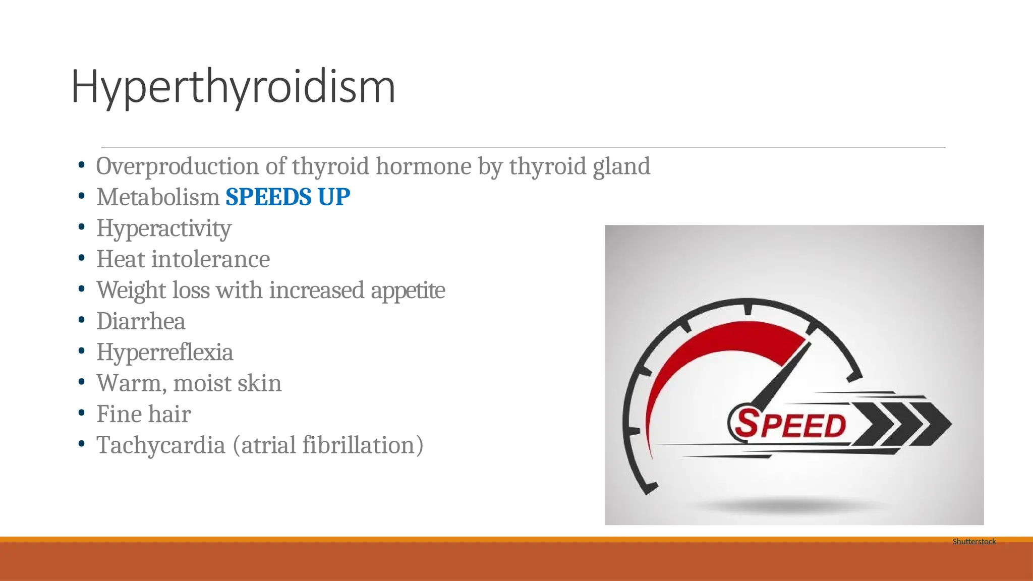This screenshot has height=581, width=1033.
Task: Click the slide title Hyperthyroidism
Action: tap(233, 87)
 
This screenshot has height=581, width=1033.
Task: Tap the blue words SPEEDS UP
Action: tap(288, 197)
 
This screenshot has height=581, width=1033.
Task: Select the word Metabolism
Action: tap(157, 197)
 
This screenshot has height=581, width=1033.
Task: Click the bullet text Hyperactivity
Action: tap(163, 228)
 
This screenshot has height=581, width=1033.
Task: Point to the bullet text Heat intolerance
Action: tap(183, 259)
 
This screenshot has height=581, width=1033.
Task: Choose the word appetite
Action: tap(408, 290)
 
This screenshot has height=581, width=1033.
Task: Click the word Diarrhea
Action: tap(141, 321)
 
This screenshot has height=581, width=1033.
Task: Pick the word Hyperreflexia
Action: tap(164, 352)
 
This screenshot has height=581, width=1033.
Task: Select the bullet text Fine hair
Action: tap(143, 414)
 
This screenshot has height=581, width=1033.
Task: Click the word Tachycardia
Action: tap(160, 445)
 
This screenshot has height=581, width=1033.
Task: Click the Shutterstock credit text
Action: tap(974, 541)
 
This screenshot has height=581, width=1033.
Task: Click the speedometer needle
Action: tap(781, 374)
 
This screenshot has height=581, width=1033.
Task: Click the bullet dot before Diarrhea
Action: tap(82, 320)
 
